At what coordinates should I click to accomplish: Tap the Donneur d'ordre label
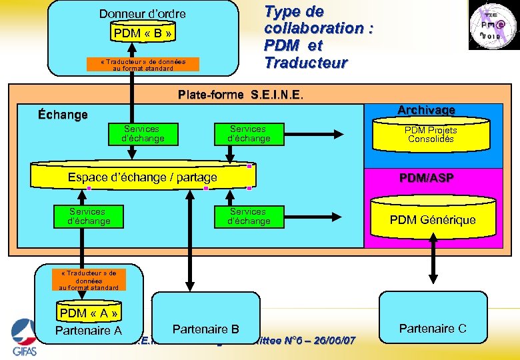143,13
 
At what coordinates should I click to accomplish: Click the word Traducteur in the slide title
305,63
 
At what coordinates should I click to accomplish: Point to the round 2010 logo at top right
491,26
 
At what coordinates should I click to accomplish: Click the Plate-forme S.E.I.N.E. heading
241,95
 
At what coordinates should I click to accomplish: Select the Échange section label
63,115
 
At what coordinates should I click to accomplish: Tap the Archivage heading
426,109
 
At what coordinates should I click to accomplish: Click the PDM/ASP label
427,178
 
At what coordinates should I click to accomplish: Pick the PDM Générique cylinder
432,219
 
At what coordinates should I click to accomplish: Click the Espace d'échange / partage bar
142,177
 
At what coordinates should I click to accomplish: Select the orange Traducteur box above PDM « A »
88,280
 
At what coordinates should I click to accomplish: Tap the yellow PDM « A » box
88,313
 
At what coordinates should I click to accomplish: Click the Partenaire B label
205,329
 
